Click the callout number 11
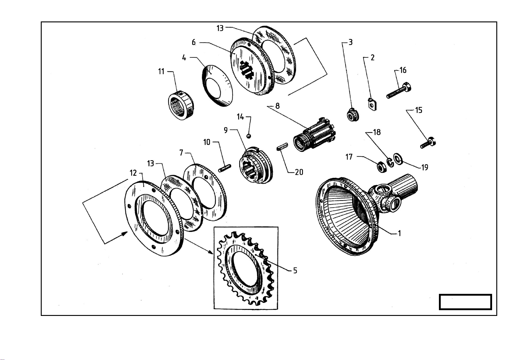point(161,72)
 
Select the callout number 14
point(240,117)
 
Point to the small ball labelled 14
point(249,136)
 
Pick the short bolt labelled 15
point(428,143)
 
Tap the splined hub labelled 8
point(314,137)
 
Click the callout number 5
point(295,270)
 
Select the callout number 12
point(133,173)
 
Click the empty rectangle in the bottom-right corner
point(465,302)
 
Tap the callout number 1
point(399,233)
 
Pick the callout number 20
point(299,172)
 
